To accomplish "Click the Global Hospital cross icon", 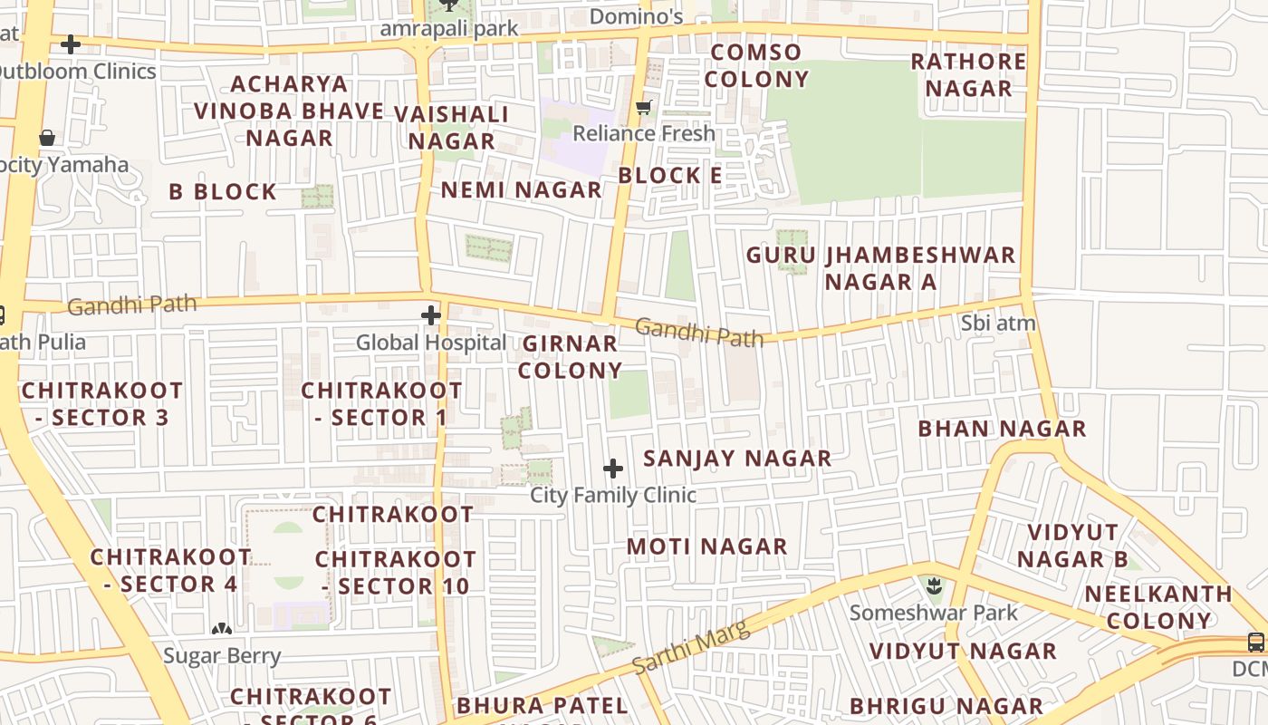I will coord(431,315).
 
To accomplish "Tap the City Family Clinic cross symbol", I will coord(613,469).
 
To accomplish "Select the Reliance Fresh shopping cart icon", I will coord(644,108).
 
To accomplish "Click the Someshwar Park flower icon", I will coord(934,586).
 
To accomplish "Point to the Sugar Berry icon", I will coord(222,628).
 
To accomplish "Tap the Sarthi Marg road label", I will coord(691,647).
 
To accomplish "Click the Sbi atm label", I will coord(998,323).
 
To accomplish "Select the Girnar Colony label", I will coord(571,357).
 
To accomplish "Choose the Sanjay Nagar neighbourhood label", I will coord(737,459).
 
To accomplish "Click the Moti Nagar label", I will coord(707,546).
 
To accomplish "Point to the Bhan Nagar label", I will coord(1002,429).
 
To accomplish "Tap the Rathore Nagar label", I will coord(968,75).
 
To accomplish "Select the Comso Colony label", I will coord(756,65).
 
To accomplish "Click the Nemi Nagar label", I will coord(521,190).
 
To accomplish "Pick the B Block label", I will coord(223,192).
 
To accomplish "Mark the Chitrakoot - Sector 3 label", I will coord(101,404).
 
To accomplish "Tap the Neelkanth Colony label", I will coord(1158,607).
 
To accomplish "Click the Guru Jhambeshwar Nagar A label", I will coord(880,268).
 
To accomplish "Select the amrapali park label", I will coord(449,28).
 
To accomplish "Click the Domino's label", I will coord(636,16).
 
